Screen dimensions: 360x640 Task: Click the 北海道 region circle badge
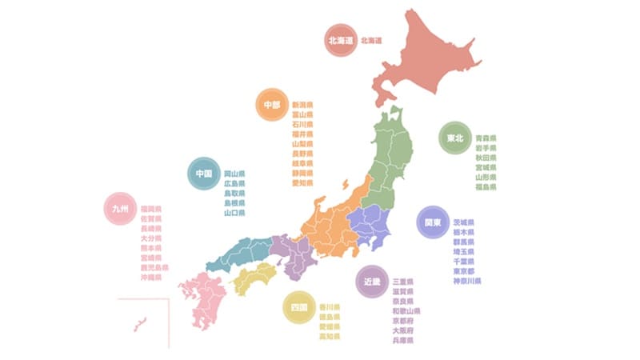point(339,40)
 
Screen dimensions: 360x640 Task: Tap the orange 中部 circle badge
point(273,105)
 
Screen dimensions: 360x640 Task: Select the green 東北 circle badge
point(454,138)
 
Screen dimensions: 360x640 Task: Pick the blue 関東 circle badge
point(432,222)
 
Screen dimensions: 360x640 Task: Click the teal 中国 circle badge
point(203,173)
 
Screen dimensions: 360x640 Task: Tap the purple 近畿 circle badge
point(370,282)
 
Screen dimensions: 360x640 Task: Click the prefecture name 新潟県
point(302,105)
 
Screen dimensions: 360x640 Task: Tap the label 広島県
point(234,183)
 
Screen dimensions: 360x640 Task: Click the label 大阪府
point(403,330)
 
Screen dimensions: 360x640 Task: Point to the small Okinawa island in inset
point(139,324)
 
